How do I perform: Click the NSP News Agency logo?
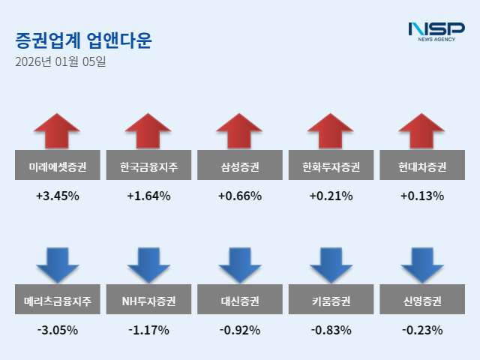tap(436, 31)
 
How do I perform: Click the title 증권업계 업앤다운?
tap(83, 40)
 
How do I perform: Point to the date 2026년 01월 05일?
tap(61, 61)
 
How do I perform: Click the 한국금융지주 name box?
tap(148, 166)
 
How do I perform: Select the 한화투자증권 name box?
tap(331, 166)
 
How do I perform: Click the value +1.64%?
tap(148, 196)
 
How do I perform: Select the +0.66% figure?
tap(240, 196)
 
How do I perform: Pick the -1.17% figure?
tap(148, 330)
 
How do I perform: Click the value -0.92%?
tap(240, 330)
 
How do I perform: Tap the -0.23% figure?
tap(421, 330)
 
